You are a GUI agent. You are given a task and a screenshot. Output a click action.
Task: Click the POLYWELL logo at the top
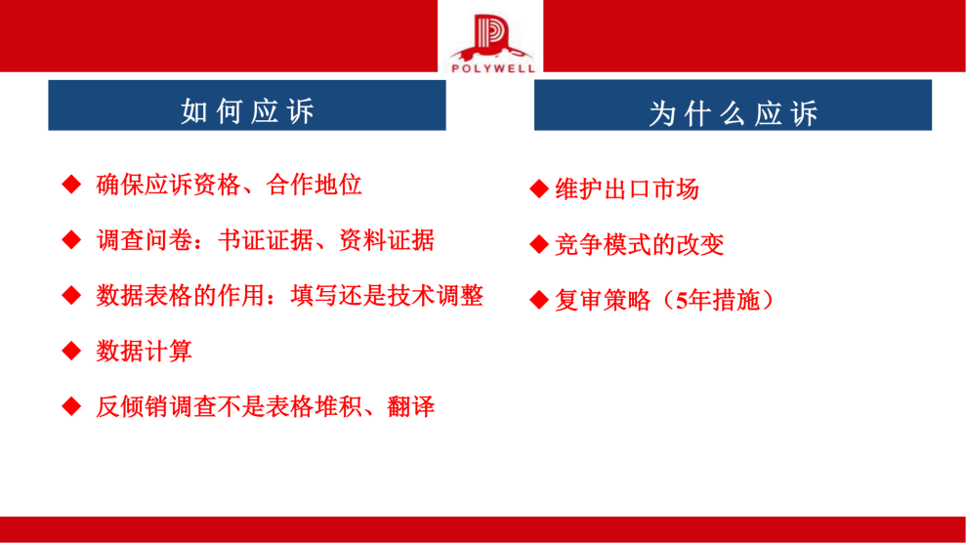pyautogui.click(x=490, y=38)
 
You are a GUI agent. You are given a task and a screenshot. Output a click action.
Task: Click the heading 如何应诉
pyautogui.click(x=247, y=111)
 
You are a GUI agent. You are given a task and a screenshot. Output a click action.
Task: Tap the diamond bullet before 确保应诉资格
pyautogui.click(x=71, y=184)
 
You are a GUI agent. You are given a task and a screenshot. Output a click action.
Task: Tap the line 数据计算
pyautogui.click(x=144, y=351)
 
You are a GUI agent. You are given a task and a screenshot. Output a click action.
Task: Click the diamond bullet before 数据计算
pyautogui.click(x=71, y=351)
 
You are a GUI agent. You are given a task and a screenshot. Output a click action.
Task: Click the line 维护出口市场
pyautogui.click(x=626, y=189)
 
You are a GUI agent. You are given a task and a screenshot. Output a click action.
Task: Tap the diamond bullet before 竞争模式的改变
pyautogui.click(x=539, y=245)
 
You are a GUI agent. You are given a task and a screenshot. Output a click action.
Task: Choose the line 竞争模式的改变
pyautogui.click(x=639, y=245)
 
